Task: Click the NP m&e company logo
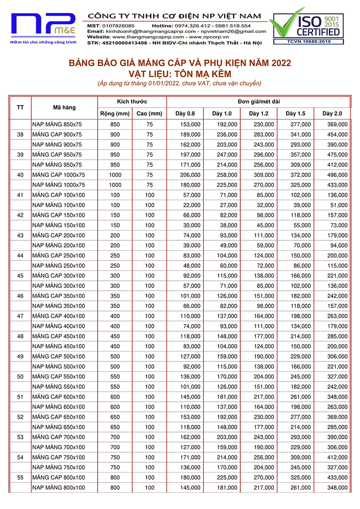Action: click(44, 27)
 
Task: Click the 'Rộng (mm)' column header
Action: click(115, 113)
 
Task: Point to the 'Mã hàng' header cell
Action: click(64, 108)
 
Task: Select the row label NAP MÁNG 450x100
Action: click(58, 347)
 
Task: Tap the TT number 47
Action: click(20, 316)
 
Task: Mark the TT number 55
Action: click(20, 477)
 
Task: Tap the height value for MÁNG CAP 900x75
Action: click(149, 135)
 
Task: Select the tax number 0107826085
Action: click(117, 26)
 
